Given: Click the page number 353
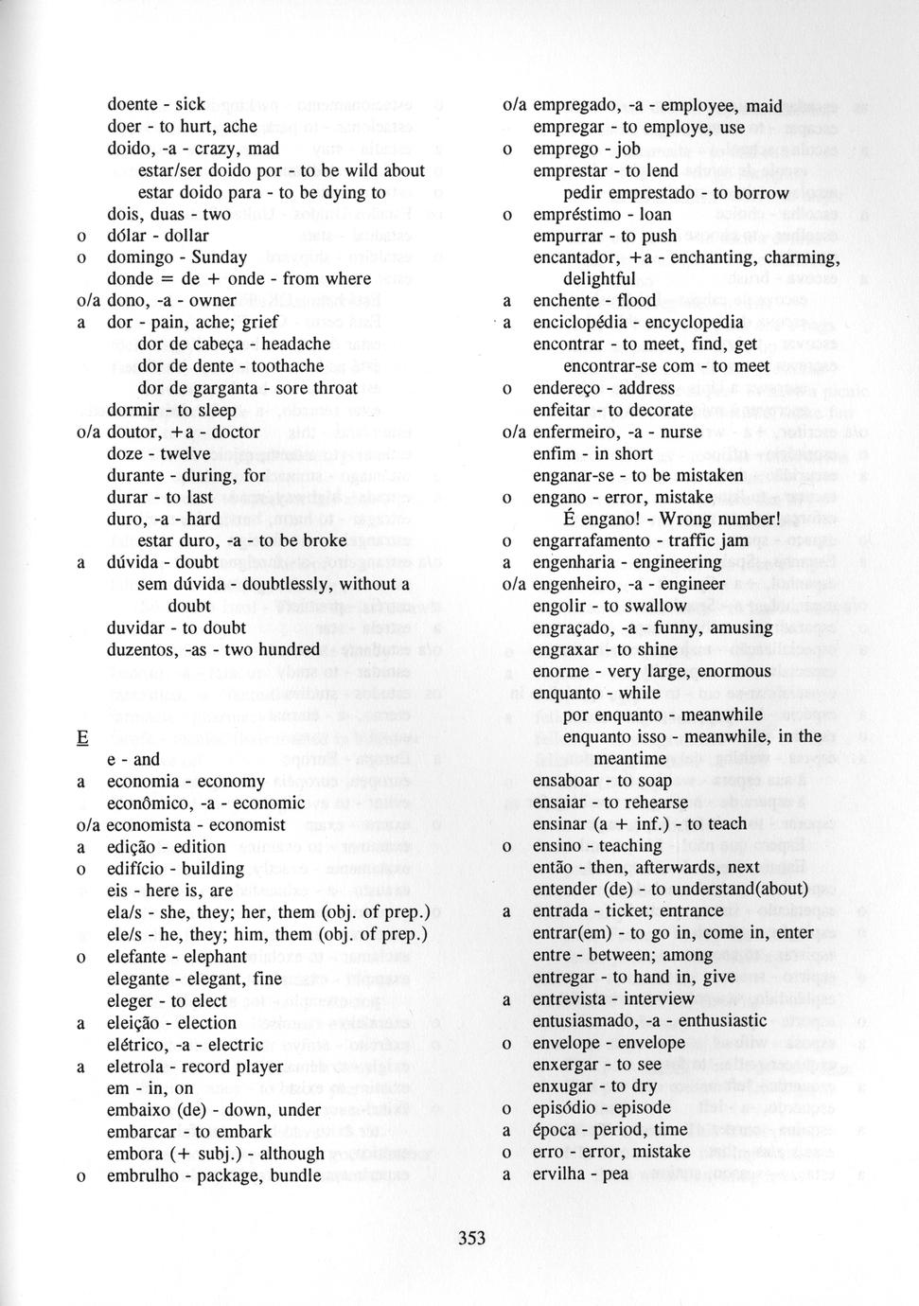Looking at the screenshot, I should pyautogui.click(x=471, y=1238).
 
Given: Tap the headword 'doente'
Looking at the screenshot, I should pyautogui.click(x=133, y=105).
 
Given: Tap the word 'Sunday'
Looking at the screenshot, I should pyautogui.click(x=220, y=257).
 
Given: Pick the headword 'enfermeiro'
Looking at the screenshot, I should pyautogui.click(x=575, y=432).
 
